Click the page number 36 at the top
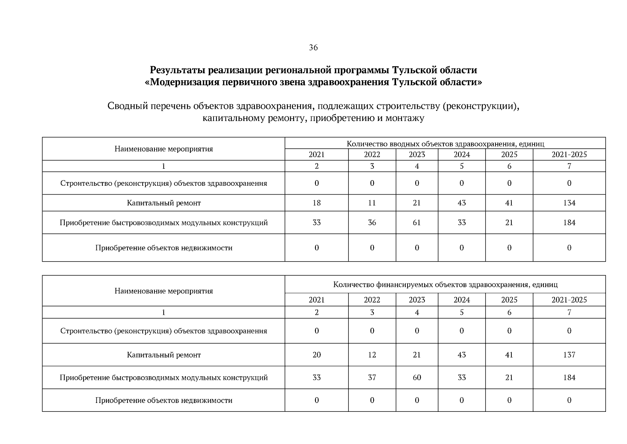pyautogui.click(x=313, y=48)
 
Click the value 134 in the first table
pyautogui.click(x=569, y=203)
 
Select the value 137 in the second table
pyautogui.click(x=569, y=355)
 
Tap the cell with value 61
pyautogui.click(x=416, y=222)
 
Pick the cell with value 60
pyautogui.click(x=416, y=377)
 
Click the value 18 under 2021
pyautogui.click(x=316, y=203)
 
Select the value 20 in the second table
pyautogui.click(x=316, y=355)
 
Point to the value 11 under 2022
pyautogui.click(x=372, y=203)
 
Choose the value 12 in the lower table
pyautogui.click(x=372, y=355)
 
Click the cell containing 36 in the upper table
pyautogui.click(x=372, y=222)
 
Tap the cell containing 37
pyautogui.click(x=372, y=377)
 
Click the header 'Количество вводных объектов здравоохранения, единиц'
pyautogui.click(x=445, y=144)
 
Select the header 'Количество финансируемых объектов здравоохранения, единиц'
pyautogui.click(x=445, y=285)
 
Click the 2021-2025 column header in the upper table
pyautogui.click(x=569, y=155)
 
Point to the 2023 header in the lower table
pyautogui.click(x=416, y=300)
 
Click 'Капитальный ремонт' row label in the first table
pyautogui.click(x=164, y=203)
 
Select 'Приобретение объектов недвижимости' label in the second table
pyautogui.click(x=164, y=400)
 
